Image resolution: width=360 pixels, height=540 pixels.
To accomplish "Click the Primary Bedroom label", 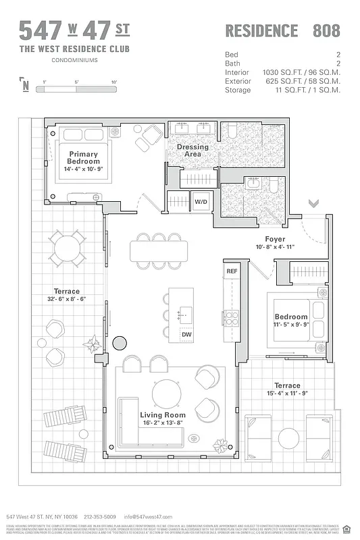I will (84, 158).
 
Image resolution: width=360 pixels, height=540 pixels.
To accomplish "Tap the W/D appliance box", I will (201, 202).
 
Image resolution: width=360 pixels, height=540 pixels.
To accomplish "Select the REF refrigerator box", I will (232, 271).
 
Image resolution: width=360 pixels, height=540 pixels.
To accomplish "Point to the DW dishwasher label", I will (186, 334).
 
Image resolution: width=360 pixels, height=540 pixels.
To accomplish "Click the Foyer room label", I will (274, 239).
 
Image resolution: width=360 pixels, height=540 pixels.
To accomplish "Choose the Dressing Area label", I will (193, 151).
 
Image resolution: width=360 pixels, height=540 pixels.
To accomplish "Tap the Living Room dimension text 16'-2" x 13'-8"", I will (162, 423).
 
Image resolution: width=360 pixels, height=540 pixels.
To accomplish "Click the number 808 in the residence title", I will (326, 30).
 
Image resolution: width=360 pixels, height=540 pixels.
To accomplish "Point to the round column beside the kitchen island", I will (120, 342).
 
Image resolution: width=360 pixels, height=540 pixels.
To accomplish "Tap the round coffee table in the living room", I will (165, 393).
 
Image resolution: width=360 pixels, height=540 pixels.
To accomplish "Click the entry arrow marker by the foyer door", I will (313, 203).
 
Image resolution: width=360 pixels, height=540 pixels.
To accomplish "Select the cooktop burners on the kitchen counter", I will (231, 317).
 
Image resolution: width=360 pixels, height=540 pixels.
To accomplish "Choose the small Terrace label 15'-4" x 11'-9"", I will (287, 389).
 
